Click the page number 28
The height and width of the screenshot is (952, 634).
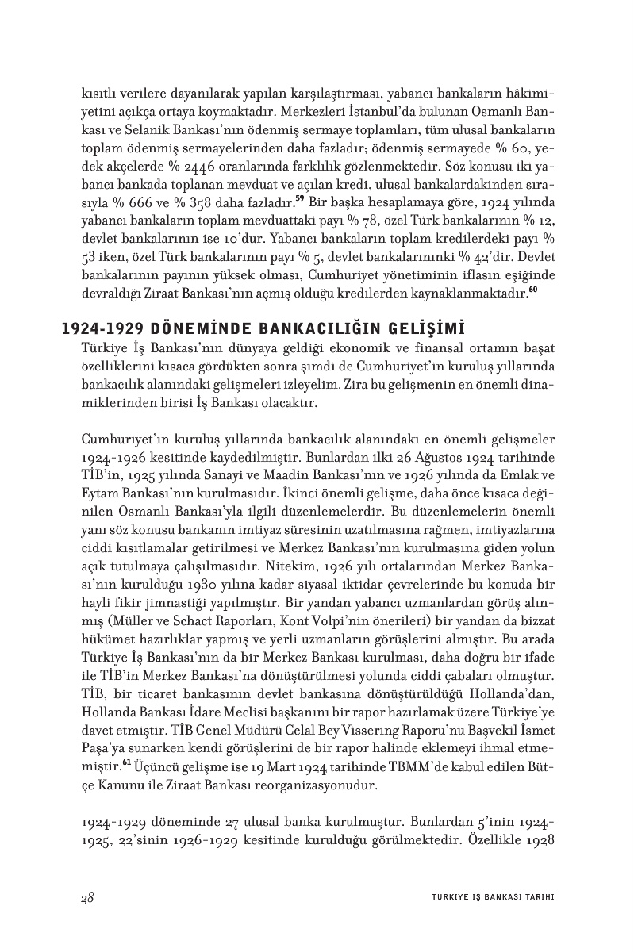88,897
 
